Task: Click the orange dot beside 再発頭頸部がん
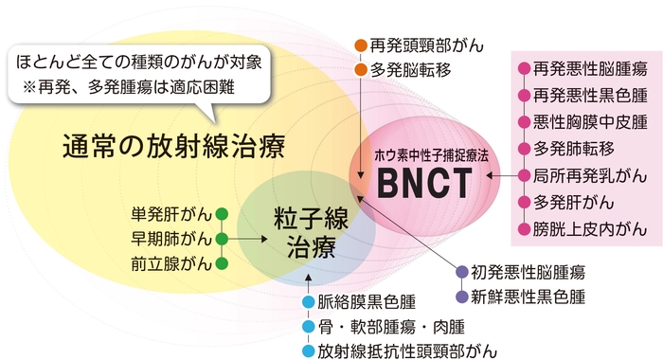[x=360, y=45]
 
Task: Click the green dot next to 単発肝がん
[x=223, y=213]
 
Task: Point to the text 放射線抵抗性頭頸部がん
[x=407, y=351]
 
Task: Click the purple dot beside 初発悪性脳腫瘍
[x=462, y=272]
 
